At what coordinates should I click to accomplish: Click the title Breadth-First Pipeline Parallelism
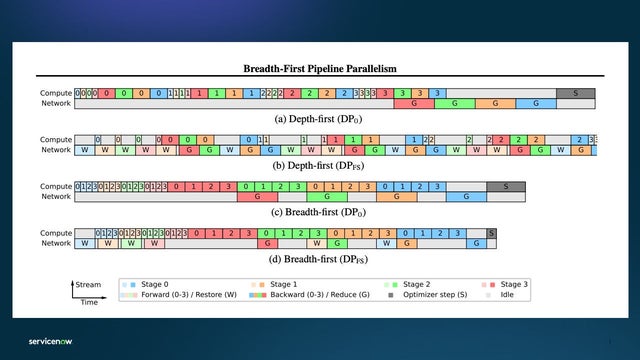(319, 69)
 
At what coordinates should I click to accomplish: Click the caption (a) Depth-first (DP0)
(319, 117)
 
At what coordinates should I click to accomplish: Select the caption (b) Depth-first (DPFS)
(319, 164)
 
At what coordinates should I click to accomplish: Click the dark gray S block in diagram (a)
(575, 93)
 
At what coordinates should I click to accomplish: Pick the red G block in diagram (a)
(413, 103)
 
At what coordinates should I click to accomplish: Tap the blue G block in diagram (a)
(535, 103)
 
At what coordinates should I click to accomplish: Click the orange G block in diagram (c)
(397, 197)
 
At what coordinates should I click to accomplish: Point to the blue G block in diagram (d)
(478, 243)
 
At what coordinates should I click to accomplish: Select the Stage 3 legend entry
(514, 285)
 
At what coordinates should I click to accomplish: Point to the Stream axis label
(88, 285)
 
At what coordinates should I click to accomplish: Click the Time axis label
(88, 301)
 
